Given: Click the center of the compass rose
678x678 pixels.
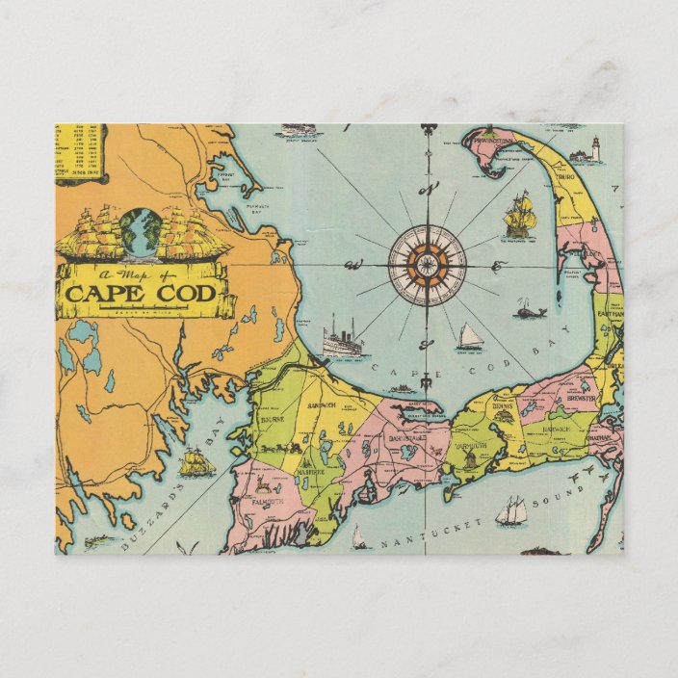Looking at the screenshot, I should (427, 264).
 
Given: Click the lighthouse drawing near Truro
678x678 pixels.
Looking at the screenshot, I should (594, 150).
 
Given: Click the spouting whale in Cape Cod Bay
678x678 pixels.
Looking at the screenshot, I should (526, 310).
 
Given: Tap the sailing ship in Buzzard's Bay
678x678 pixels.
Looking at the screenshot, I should (196, 463).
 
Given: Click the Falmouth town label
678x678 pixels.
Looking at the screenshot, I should (256, 501).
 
